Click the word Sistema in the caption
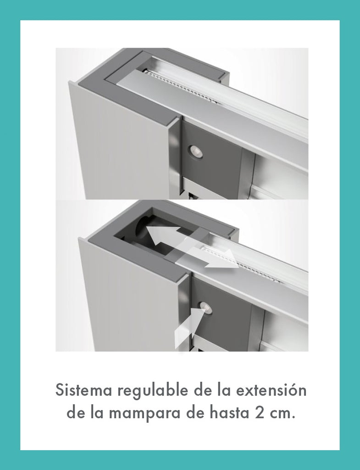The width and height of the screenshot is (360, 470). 84,390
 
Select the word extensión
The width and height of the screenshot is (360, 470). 271,390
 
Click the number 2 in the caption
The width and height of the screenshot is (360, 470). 260,413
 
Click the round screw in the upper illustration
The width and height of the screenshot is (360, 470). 195,151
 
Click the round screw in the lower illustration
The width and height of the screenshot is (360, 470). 206,308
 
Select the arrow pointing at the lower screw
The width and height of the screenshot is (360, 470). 188,328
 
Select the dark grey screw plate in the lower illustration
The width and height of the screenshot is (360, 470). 222,312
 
